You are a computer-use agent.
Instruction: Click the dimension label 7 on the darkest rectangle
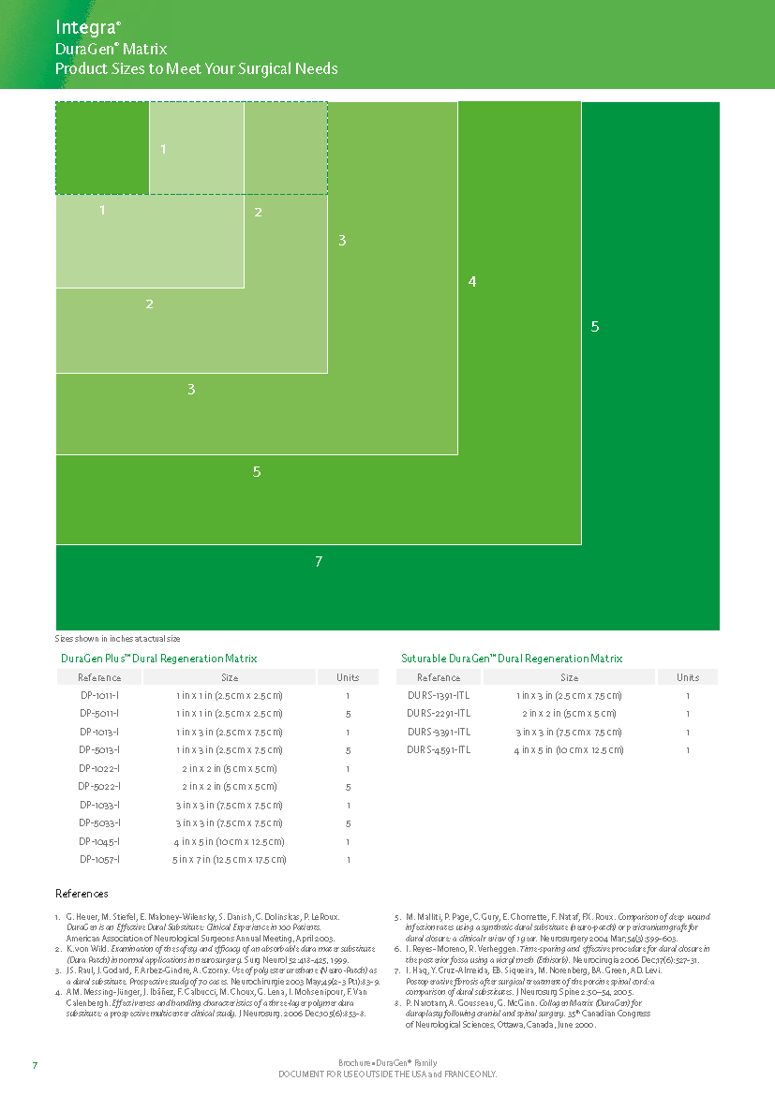pos(319,561)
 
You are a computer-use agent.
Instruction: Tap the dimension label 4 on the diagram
pos(472,281)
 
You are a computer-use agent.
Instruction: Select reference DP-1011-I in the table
pos(99,696)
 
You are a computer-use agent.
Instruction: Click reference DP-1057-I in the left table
pos(99,859)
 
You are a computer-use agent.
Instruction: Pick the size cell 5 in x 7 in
pos(230,859)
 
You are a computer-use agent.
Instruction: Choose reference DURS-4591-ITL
pos(439,750)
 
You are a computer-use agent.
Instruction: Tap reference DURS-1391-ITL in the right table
pos(439,696)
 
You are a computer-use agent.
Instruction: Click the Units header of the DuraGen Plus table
pos(348,677)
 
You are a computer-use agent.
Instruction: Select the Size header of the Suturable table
pos(569,677)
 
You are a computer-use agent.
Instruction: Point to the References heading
pos(82,894)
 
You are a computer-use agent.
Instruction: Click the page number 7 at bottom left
pos(35,1066)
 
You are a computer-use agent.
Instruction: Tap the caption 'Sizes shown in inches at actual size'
pos(117,638)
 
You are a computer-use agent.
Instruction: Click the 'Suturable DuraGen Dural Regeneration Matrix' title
pos(512,659)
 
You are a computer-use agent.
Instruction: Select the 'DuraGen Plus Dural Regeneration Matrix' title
pos(158,659)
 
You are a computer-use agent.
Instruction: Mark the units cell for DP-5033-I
pos(348,823)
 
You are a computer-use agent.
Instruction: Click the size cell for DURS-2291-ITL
pos(569,714)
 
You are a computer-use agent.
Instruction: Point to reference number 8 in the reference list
pos(397,1002)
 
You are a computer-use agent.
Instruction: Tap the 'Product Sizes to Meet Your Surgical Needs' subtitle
pos(197,68)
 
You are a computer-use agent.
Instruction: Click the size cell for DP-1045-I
pos(230,841)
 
